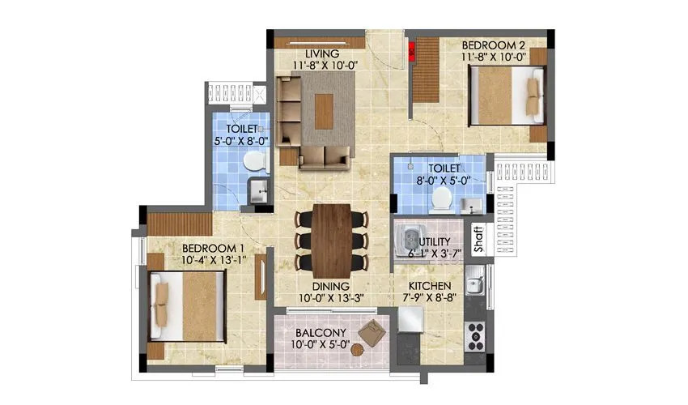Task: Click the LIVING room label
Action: click(309, 54)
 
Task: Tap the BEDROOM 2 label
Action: click(493, 45)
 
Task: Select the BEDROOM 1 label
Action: click(212, 248)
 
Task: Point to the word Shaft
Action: click(478, 240)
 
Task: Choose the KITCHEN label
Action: click(430, 287)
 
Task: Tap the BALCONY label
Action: click(321, 333)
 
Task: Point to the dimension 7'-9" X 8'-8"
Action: click(431, 298)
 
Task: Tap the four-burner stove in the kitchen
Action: click(474, 332)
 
